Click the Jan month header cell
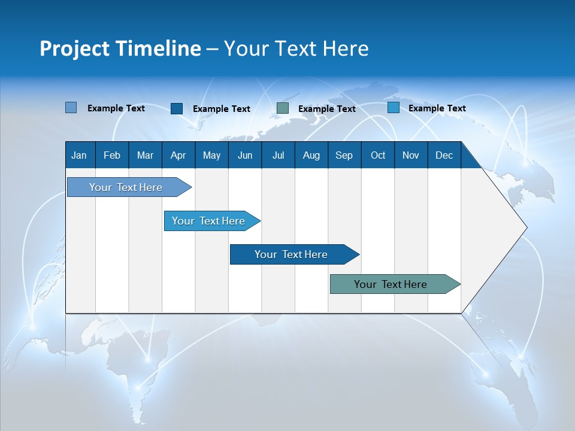(x=80, y=155)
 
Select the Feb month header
(x=112, y=155)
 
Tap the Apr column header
(x=178, y=155)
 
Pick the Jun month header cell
(x=245, y=155)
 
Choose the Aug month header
(x=311, y=155)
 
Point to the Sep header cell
(x=344, y=155)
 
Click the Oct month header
(x=378, y=155)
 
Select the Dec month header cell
(x=444, y=155)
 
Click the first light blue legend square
(x=71, y=108)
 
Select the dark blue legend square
(x=177, y=108)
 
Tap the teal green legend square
(x=283, y=108)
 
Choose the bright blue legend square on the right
(x=394, y=108)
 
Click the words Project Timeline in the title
(x=120, y=48)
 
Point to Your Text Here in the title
(x=296, y=48)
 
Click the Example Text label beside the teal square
(x=326, y=109)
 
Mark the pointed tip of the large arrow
(x=526, y=227)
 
